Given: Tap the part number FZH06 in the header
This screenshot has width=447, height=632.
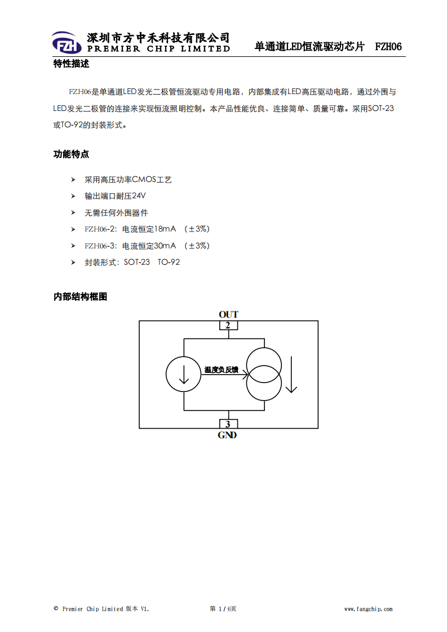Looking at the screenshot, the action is coord(388,47).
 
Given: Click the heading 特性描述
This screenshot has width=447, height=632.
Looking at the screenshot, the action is coord(71,64).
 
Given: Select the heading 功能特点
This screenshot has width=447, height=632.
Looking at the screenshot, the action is coord(71,154).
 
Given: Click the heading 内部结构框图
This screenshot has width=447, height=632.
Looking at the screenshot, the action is coord(80,297).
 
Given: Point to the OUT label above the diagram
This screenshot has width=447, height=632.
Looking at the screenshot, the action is coord(228,314).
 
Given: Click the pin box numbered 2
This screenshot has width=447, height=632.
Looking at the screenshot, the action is coord(228,325).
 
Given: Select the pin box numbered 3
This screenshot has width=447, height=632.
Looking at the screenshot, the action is coord(228,424).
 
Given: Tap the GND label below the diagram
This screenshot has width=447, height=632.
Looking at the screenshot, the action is coord(227,435).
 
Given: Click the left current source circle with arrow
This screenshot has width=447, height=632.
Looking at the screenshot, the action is coord(184,374).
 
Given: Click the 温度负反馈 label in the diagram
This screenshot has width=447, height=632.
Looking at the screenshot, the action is coord(221,370).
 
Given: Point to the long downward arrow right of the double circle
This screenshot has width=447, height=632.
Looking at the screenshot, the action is coord(291,375).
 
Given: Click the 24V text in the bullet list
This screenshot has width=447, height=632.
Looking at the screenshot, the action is coord(138,196).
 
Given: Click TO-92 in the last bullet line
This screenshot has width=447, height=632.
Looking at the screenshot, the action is coord(169,262).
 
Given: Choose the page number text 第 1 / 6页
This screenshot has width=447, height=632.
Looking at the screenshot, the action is coord(223,608).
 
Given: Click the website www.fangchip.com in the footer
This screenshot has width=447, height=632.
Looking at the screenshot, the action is coord(368,609).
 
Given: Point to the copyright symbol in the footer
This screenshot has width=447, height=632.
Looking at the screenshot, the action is coord(56,608).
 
